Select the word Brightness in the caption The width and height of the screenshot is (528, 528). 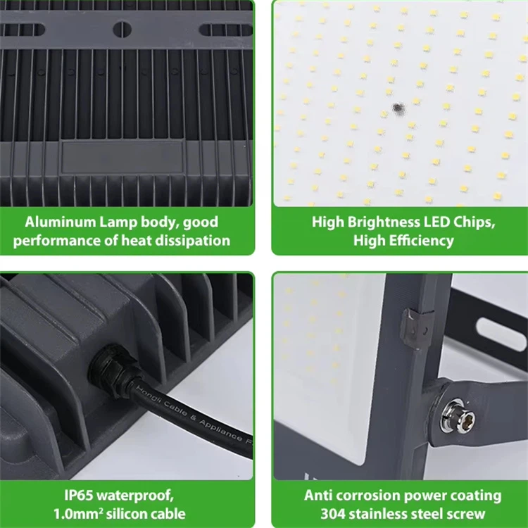[384, 223]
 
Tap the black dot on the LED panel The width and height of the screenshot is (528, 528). [398, 108]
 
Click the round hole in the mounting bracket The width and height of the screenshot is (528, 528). [122, 29]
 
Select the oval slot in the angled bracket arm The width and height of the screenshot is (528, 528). [502, 334]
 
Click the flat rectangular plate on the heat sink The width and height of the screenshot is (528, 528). [122, 157]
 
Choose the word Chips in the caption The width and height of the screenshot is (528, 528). [474, 223]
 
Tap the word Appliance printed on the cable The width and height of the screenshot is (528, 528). [220, 429]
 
